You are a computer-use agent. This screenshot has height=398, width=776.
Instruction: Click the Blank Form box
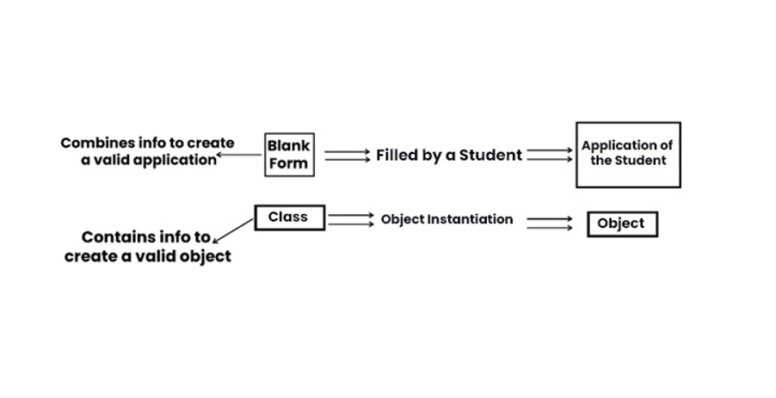tap(289, 155)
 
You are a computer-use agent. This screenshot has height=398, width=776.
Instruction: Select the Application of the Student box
tap(627, 154)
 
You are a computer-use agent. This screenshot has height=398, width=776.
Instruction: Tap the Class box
tap(289, 217)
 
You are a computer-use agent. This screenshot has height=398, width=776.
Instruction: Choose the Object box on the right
tap(621, 223)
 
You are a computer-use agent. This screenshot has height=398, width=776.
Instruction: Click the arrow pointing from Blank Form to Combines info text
tap(240, 156)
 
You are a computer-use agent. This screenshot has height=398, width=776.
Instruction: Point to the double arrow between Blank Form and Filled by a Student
tap(347, 156)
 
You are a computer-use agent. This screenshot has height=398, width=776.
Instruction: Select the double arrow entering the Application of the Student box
tap(549, 156)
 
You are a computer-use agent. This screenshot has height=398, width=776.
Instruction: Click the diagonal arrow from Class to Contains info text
tap(233, 230)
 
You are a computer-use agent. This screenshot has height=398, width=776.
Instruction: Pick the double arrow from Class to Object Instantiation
tap(350, 219)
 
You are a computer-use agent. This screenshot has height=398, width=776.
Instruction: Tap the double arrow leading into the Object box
tap(549, 223)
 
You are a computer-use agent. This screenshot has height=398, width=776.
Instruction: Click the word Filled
tap(397, 156)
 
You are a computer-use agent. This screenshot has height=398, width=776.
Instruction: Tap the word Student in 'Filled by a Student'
tap(490, 156)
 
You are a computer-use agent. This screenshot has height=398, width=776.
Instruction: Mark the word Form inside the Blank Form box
tap(288, 163)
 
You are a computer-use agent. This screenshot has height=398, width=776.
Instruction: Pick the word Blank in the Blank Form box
tap(288, 146)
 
